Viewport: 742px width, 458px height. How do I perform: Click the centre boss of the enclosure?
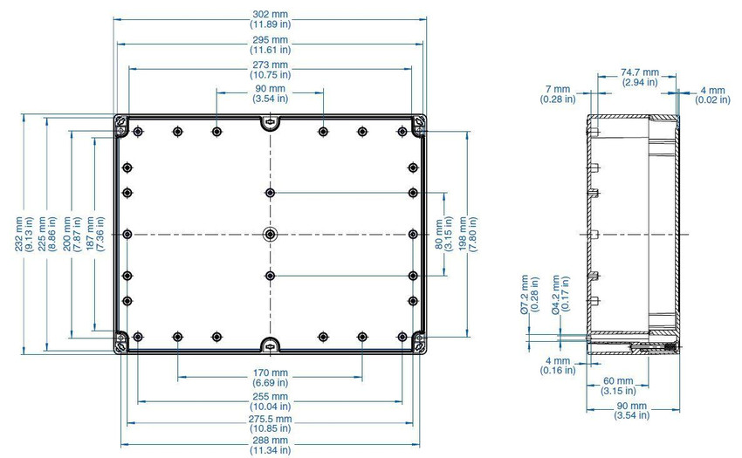pyautogui.click(x=270, y=234)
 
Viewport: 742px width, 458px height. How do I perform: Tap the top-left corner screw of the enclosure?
pyautogui.click(x=121, y=121)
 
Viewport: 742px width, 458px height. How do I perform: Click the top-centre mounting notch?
pyautogui.click(x=270, y=123)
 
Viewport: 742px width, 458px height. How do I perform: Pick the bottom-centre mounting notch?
pyautogui.click(x=270, y=345)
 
